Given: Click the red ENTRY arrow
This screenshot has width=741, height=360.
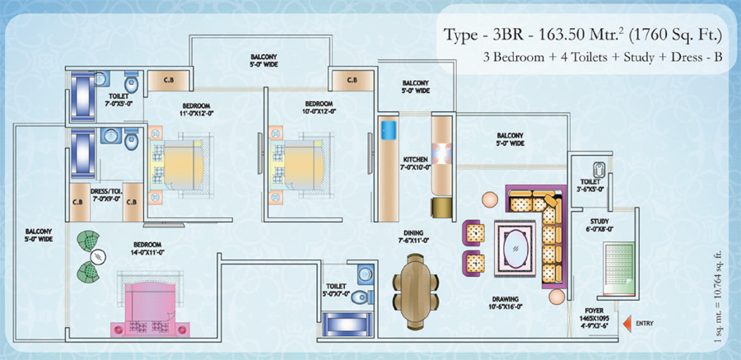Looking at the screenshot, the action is pos(628,324).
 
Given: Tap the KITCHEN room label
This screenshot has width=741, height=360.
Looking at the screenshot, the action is pos(416,160).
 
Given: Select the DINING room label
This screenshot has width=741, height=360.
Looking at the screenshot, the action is pos(413,233).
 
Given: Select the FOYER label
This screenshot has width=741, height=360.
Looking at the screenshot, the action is pos(594,311).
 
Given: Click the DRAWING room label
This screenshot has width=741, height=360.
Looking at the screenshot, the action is pos(505,299).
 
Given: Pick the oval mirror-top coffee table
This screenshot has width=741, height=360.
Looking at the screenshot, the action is pos(515,248).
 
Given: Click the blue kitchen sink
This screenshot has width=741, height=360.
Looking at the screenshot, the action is pos(389,130).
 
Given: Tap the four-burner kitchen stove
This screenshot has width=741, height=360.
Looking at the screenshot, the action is pos(441,155).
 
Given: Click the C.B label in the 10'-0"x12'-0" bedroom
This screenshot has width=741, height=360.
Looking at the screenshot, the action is pos(352,81).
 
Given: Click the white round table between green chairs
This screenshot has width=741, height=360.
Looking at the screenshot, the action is pos(98,257).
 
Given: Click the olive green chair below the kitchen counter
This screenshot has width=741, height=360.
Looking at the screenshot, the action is pos(441,208).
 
